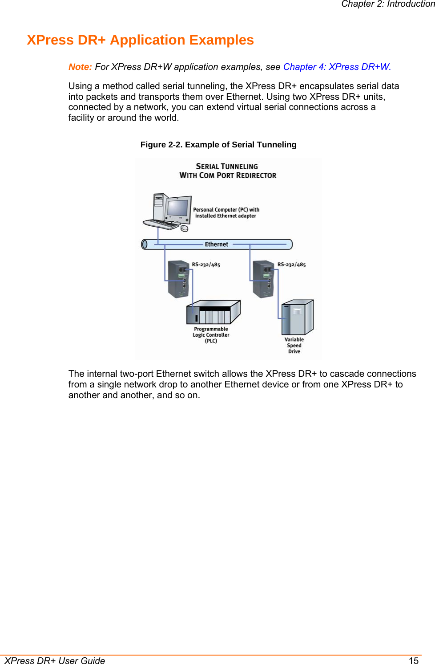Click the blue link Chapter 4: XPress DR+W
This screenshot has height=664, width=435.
(x=337, y=67)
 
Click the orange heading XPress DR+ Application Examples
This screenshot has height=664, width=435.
(x=140, y=40)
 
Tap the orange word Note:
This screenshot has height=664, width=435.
(x=80, y=67)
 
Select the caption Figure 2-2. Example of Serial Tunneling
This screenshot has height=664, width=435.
(x=218, y=145)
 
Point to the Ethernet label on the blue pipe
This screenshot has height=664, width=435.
(x=217, y=244)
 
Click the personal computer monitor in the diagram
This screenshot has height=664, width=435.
(x=178, y=208)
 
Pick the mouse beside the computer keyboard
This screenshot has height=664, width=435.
(x=185, y=228)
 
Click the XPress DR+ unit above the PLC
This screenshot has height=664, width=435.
(x=179, y=279)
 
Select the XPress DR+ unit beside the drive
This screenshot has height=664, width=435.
(x=263, y=279)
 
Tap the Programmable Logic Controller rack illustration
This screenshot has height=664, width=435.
(x=213, y=312)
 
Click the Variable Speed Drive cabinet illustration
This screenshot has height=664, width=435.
(x=297, y=318)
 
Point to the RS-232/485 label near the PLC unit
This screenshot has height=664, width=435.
(x=206, y=265)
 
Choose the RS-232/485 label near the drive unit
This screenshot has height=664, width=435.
(x=291, y=265)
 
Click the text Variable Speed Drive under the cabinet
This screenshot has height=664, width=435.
(x=294, y=346)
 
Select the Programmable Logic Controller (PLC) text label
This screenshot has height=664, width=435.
(x=211, y=335)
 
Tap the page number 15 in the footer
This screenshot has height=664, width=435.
(x=414, y=660)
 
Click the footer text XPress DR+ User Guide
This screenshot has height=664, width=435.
(x=55, y=660)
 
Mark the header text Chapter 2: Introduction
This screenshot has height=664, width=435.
(x=387, y=4)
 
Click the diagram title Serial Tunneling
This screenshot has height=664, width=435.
(x=227, y=167)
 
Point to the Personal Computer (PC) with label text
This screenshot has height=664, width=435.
(x=226, y=210)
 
